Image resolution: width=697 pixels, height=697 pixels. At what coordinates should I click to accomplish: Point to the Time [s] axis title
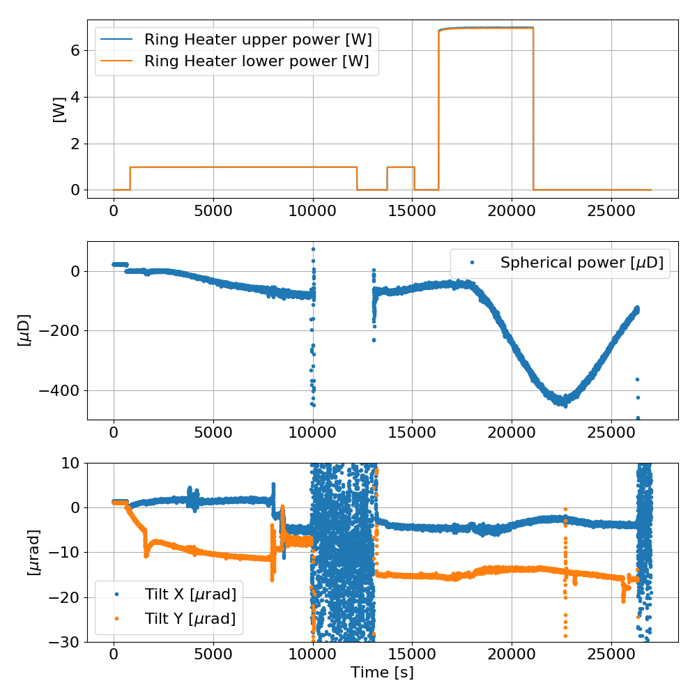pos(382,673)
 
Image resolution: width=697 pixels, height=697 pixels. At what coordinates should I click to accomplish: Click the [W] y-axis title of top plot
pos(59,109)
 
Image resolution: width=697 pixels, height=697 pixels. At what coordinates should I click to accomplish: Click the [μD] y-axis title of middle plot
pos(25,330)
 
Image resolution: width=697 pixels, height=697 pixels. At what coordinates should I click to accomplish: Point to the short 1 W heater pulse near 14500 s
pos(401,167)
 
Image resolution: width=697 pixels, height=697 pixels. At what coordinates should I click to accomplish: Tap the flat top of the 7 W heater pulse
pos(488,28)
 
